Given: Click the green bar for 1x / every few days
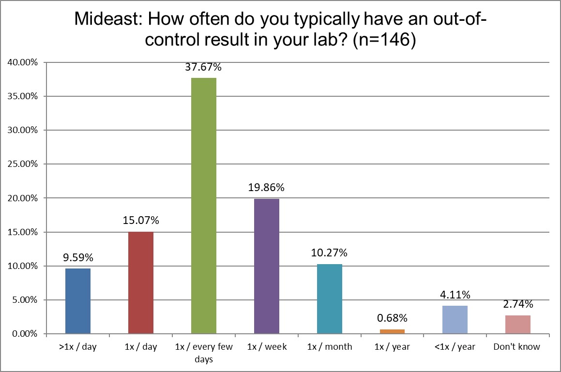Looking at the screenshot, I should click(204, 206).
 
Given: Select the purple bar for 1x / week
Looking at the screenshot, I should click(267, 266).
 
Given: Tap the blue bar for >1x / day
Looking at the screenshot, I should click(78, 301).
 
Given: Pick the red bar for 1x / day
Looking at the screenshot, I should click(141, 283).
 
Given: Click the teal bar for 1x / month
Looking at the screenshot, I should click(330, 298).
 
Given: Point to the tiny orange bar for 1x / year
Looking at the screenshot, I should click(393, 331).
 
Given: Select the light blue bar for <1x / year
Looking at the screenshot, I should click(455, 319).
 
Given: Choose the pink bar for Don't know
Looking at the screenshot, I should click(518, 324).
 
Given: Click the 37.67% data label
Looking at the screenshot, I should click(204, 67).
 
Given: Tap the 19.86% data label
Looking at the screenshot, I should click(267, 188).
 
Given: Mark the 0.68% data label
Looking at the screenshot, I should click(393, 318).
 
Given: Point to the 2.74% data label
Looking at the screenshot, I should click(518, 304).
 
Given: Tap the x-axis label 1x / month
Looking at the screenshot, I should click(330, 347).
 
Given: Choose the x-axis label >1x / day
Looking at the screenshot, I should click(78, 347).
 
